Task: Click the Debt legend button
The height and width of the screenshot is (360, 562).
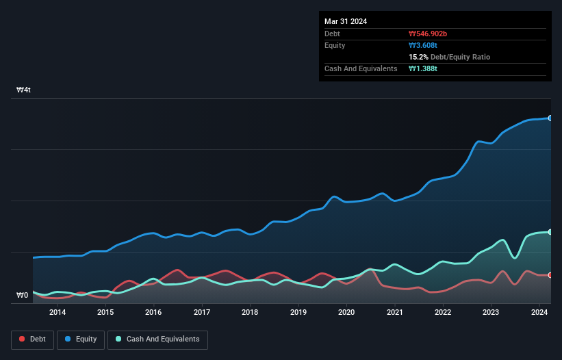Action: click(x=31, y=339)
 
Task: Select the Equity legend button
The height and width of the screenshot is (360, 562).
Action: click(x=81, y=339)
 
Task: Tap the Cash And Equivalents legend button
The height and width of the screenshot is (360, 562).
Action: click(x=157, y=339)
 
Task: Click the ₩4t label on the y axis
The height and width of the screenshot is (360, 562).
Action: click(x=24, y=90)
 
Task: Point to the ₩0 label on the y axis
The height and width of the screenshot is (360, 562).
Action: click(x=23, y=296)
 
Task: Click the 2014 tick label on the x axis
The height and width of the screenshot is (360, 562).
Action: click(x=58, y=313)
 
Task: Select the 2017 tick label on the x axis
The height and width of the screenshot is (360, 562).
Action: click(x=202, y=313)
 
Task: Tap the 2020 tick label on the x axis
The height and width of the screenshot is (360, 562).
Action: click(x=346, y=313)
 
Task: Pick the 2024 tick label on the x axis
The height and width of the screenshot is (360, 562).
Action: click(x=539, y=313)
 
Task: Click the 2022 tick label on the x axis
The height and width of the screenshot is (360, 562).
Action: click(x=443, y=313)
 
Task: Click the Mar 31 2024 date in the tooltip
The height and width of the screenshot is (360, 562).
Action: click(x=346, y=21)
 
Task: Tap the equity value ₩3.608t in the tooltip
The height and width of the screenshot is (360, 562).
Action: click(x=424, y=45)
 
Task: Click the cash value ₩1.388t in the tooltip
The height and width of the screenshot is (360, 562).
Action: click(x=424, y=68)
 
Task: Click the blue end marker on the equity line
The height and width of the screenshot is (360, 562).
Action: click(x=550, y=118)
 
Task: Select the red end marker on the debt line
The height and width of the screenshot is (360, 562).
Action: click(x=550, y=275)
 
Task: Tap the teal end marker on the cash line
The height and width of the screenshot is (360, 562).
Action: click(x=550, y=232)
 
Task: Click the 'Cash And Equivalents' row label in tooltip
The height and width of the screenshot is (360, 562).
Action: click(x=361, y=68)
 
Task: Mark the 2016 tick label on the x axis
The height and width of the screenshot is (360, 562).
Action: click(x=153, y=313)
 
